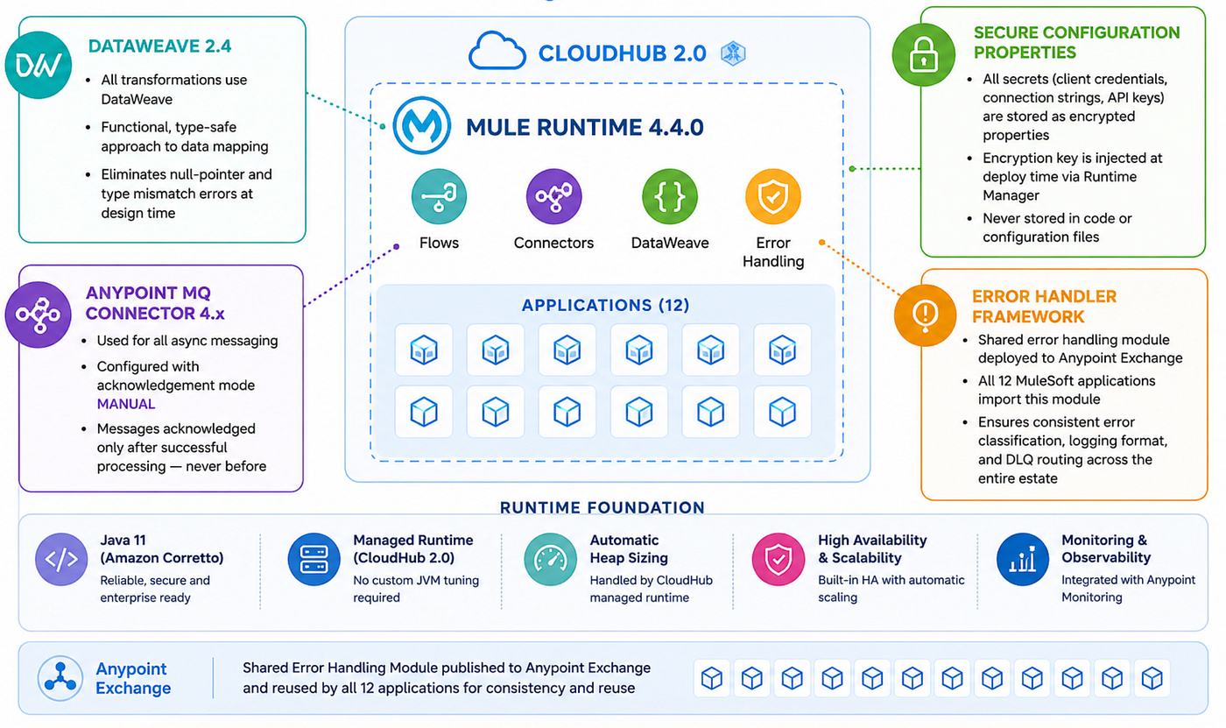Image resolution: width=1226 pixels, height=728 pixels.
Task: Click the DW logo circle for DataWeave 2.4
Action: tap(39, 65)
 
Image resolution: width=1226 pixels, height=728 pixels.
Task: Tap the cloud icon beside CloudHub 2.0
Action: tap(497, 51)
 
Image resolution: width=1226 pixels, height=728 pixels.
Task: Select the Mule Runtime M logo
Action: tap(421, 125)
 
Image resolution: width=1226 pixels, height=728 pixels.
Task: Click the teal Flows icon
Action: tap(439, 196)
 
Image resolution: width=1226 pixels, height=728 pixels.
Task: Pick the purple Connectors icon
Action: tap(553, 196)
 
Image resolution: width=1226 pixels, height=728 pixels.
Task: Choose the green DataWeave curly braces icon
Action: tap(670, 196)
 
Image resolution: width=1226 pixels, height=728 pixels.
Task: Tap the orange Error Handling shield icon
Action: tap(773, 196)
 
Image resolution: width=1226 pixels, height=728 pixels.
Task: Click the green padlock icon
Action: tap(924, 54)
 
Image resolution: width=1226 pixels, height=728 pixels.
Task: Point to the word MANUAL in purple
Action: tap(126, 404)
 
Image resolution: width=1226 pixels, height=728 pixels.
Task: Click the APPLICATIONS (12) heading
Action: tap(605, 305)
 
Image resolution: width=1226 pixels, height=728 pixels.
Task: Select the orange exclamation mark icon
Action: tap(925, 315)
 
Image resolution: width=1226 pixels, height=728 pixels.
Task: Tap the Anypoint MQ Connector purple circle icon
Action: tap(39, 315)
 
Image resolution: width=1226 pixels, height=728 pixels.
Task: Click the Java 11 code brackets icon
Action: tap(61, 560)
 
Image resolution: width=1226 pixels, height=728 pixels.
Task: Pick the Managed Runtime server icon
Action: tap(314, 560)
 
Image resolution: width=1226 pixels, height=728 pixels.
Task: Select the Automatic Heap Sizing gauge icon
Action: tap(550, 560)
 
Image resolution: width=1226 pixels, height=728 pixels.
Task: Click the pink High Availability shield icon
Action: tap(779, 560)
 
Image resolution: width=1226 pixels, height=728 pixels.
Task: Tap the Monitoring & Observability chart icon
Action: tap(1023, 560)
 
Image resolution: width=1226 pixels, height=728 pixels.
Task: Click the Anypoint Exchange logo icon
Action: tap(60, 679)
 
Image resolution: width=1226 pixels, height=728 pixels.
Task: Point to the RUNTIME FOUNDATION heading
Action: tap(602, 507)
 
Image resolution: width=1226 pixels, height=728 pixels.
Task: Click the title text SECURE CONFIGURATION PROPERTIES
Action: tap(1076, 42)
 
